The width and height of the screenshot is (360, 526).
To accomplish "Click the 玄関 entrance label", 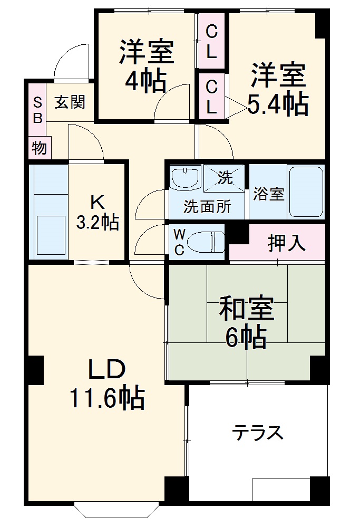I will coord(70,102).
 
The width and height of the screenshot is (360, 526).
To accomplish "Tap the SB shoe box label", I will coord(37,110).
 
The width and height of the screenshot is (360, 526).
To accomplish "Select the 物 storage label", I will coord(38,148).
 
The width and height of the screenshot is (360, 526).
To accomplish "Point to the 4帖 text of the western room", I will coord(145,81).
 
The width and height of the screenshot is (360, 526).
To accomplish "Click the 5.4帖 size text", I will coord(278,105).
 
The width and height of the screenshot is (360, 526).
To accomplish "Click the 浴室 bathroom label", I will coord(268,194).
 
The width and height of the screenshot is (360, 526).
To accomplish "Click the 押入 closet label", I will coord(286,242).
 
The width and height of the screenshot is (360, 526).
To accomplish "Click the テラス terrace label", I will coord(258,433).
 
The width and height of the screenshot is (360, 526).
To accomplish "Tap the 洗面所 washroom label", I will coord(207,206).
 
